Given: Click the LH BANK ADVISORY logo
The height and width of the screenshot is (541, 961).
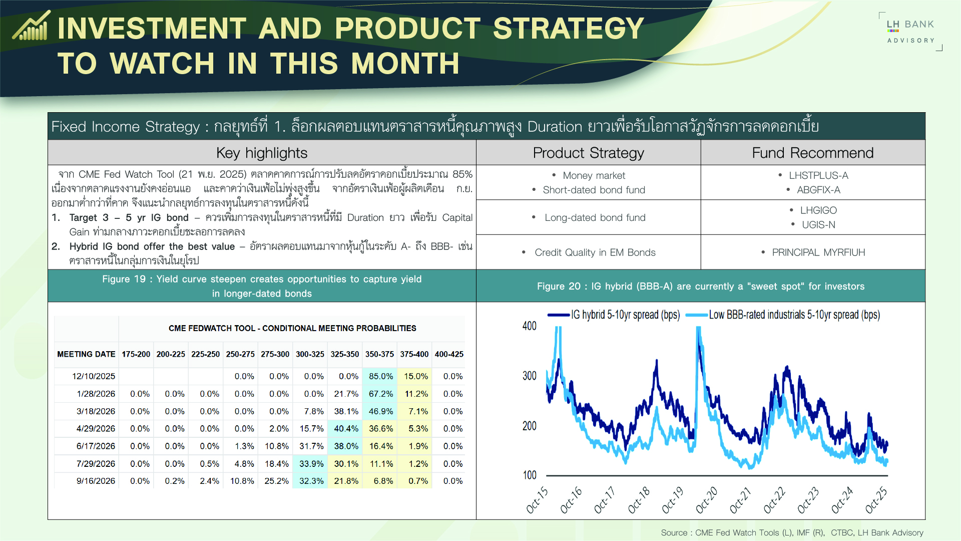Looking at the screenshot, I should point(910,32).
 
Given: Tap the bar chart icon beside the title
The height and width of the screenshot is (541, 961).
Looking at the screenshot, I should point(31,27).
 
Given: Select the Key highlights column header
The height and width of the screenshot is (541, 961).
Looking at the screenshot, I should point(262,153).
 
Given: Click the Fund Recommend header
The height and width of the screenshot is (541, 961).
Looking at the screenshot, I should point(812,153).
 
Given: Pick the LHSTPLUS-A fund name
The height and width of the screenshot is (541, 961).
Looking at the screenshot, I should point(818,175).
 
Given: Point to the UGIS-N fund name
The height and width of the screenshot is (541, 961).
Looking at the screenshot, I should point(818,225).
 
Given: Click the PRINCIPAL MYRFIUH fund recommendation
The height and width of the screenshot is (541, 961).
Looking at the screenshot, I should point(818,252).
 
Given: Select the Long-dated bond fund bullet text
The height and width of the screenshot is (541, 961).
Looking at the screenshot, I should point(595,217).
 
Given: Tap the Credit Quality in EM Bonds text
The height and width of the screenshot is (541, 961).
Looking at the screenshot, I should point(595,252).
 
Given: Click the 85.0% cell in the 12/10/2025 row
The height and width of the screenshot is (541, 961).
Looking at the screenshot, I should point(380,376).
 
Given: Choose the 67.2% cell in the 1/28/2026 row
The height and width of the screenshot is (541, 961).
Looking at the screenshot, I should point(380,394).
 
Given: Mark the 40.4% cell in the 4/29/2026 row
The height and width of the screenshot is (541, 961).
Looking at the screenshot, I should point(346,429).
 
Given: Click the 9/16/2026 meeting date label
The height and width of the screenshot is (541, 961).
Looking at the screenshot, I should point(96,481).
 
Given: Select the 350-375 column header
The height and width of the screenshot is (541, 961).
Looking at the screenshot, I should point(379,354).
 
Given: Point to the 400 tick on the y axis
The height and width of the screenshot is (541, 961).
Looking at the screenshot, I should point(529,326).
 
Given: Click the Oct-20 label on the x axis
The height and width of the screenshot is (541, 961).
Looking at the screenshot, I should point(706,500).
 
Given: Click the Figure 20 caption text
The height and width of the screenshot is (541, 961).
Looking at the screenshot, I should point(700,286).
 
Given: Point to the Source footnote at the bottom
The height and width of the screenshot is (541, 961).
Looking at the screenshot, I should point(792,532).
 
